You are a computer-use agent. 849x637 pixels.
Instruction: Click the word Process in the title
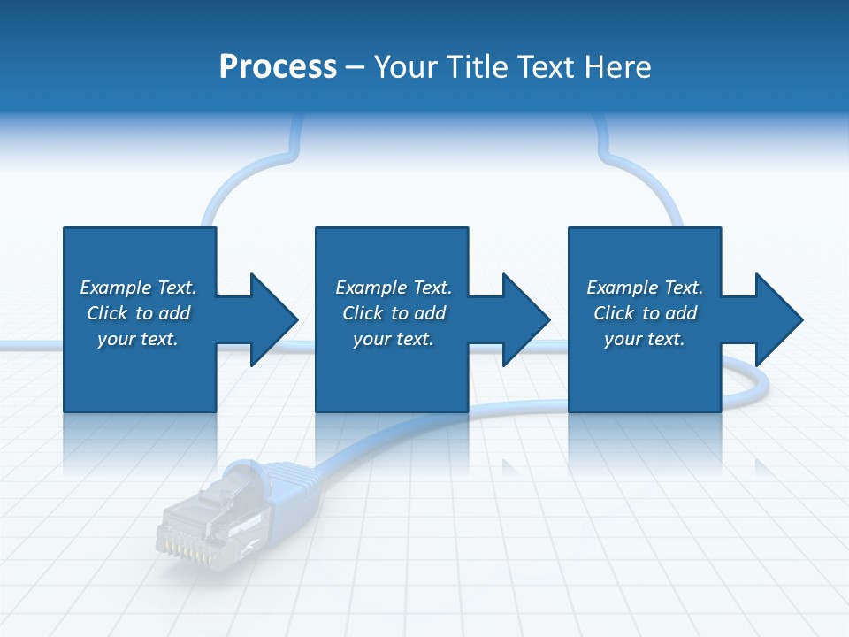click(278, 67)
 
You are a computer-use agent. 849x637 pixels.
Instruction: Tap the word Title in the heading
click(480, 67)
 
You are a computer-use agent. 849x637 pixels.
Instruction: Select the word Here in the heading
click(618, 67)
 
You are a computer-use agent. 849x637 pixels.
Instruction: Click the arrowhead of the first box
click(273, 319)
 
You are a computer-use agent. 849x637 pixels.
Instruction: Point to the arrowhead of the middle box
click(525, 319)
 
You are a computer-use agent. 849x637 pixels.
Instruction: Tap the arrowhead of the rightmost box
click(778, 319)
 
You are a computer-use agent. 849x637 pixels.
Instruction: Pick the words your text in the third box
click(644, 339)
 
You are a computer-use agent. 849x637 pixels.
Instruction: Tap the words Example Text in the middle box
click(394, 288)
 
